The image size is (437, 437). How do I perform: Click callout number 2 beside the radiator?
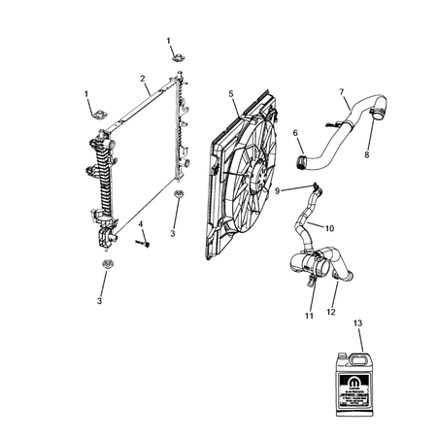(x=143, y=79)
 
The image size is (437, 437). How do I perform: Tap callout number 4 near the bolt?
(x=141, y=225)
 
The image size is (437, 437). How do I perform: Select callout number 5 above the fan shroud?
(x=231, y=93)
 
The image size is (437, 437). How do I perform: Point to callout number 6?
(x=297, y=133)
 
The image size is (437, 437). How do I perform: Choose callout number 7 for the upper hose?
(x=342, y=93)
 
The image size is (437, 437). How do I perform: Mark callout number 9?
(x=278, y=190)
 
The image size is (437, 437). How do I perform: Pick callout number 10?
(x=330, y=229)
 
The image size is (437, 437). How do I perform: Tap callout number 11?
(x=309, y=316)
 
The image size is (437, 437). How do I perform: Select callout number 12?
(x=333, y=312)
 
